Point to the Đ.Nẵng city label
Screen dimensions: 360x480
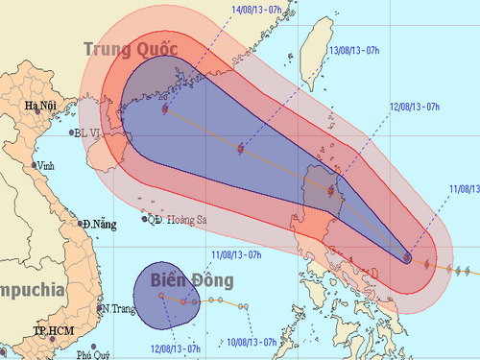[99, 225]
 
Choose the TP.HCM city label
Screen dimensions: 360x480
[53, 331]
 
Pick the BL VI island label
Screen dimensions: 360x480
[86, 133]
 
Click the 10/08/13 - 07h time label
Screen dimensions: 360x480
[251, 341]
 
